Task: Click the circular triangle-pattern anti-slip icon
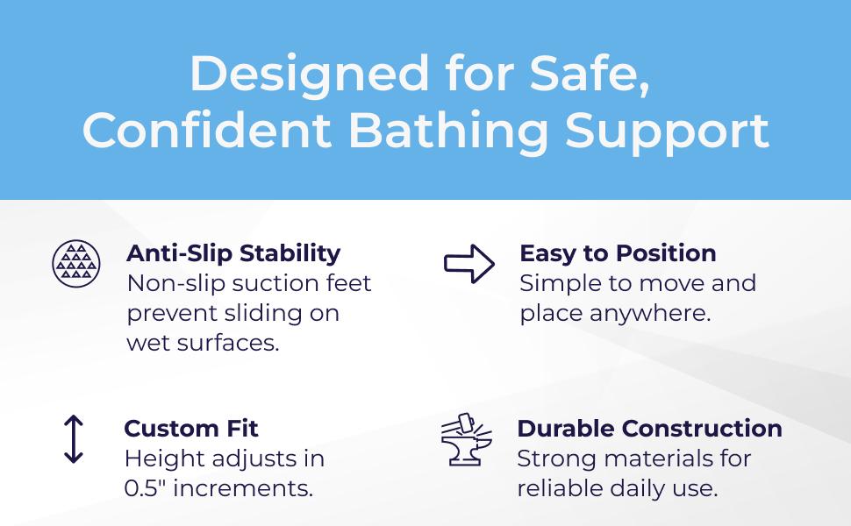click(75, 261)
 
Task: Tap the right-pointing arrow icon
click(469, 264)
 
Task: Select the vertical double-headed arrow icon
click(74, 439)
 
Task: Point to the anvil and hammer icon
click(468, 441)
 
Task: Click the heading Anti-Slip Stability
click(233, 253)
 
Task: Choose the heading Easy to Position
click(618, 253)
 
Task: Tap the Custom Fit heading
click(191, 429)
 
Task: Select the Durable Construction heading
click(649, 429)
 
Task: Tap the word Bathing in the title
click(449, 131)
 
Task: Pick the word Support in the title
click(667, 131)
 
